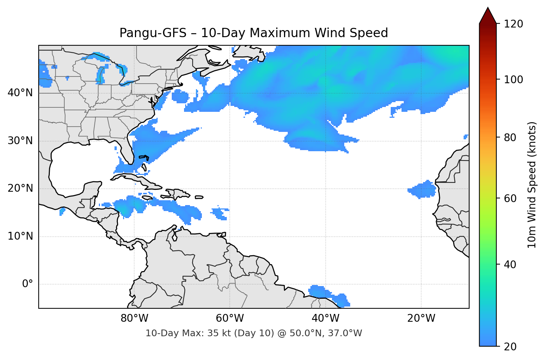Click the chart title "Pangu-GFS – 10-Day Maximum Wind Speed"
(254, 33)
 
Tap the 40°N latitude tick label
(20, 93)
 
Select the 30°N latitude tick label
(20, 141)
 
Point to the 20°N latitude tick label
(20, 188)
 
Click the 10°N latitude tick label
(20, 236)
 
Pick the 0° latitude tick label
(28, 284)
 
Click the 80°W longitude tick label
(134, 318)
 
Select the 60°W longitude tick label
(230, 318)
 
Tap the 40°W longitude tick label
(325, 318)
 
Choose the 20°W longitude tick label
(421, 318)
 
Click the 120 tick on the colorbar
(513, 24)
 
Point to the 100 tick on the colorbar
(513, 80)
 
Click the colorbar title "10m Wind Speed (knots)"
(532, 185)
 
